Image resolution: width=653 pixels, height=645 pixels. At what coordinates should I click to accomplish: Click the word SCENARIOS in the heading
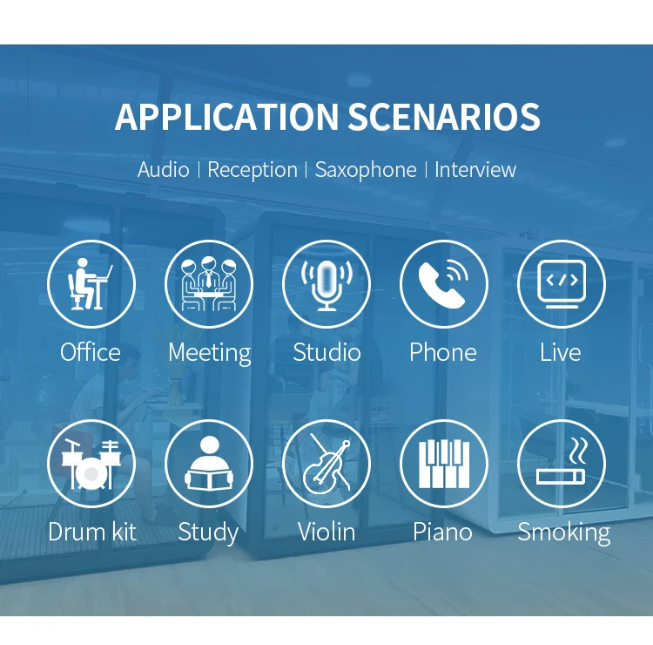(444, 116)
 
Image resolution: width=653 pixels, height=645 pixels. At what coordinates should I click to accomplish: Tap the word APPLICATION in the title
(226, 116)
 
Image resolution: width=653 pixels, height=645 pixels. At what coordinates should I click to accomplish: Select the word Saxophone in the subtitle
(365, 170)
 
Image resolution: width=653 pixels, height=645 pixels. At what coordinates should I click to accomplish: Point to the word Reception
(252, 170)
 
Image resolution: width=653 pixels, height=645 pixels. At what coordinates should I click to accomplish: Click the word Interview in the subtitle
(475, 170)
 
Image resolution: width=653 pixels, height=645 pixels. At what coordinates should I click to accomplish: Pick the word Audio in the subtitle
(164, 170)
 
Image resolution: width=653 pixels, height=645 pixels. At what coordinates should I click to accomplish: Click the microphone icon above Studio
(326, 286)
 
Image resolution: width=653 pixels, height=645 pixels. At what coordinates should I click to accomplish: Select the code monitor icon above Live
(562, 284)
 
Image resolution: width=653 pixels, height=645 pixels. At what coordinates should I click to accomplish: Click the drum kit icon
(91, 464)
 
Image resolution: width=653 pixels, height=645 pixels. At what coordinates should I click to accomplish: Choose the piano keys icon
(443, 464)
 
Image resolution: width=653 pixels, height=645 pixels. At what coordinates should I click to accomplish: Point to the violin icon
(327, 464)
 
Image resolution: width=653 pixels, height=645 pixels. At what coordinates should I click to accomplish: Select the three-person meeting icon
(209, 284)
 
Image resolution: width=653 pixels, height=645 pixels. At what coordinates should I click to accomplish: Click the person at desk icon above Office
(90, 284)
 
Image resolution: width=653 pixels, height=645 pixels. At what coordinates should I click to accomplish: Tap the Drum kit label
(92, 532)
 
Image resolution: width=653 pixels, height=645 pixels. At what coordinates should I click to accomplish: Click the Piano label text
(442, 533)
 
